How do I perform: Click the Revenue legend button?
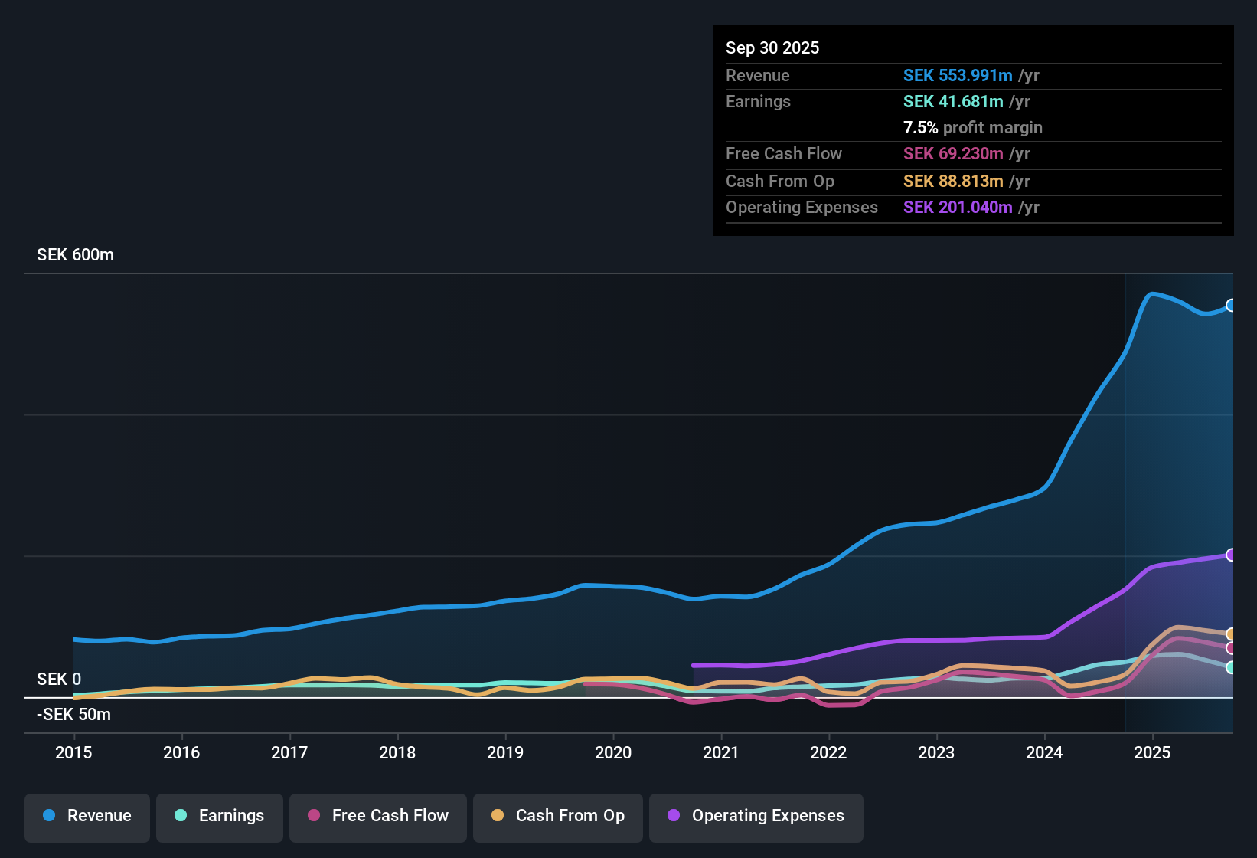(87, 817)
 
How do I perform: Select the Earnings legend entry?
(220, 817)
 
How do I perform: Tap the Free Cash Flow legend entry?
(378, 817)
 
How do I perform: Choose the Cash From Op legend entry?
(558, 817)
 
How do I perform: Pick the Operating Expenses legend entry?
(756, 817)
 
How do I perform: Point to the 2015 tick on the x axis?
(73, 753)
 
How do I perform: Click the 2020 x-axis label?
(613, 753)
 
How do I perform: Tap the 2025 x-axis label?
(1152, 753)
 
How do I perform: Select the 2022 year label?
(828, 753)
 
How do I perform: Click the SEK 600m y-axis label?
(75, 255)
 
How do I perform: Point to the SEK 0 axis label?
(59, 680)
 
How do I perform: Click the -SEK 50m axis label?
(73, 715)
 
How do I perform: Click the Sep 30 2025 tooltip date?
(772, 48)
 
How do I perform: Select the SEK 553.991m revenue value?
(958, 76)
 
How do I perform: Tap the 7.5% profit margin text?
(972, 128)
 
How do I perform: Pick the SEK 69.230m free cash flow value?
(953, 154)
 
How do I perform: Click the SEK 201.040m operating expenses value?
(958, 208)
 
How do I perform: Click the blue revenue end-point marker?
(1231, 306)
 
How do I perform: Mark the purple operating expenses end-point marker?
(1231, 555)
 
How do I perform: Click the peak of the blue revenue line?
(1151, 293)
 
